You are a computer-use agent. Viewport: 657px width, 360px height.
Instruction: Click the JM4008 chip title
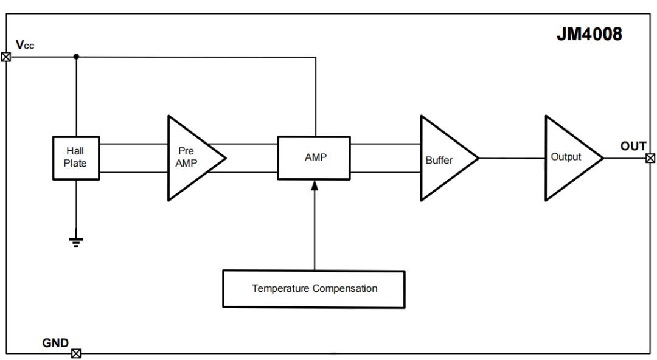point(589,34)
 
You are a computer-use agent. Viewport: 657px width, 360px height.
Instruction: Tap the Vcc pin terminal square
point(6,57)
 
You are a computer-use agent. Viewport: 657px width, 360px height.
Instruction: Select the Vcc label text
point(25,45)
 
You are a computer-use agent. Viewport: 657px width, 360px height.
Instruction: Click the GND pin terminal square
point(76,354)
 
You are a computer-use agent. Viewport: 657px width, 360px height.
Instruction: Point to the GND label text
point(55,343)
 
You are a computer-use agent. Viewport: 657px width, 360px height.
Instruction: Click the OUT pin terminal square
point(650,158)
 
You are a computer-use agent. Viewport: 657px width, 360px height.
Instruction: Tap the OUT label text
point(633,146)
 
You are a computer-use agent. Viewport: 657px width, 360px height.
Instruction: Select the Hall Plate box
point(76,158)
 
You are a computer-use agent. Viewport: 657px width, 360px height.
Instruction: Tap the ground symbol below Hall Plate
point(76,242)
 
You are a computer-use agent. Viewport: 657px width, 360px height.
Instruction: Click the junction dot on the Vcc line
point(76,57)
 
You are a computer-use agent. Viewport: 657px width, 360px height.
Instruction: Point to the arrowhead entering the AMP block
point(315,185)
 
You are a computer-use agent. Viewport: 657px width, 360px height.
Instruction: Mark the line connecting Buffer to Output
point(512,158)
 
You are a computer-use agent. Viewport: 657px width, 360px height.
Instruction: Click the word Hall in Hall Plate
point(75,151)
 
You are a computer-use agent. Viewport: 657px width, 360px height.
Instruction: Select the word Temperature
point(280,289)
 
